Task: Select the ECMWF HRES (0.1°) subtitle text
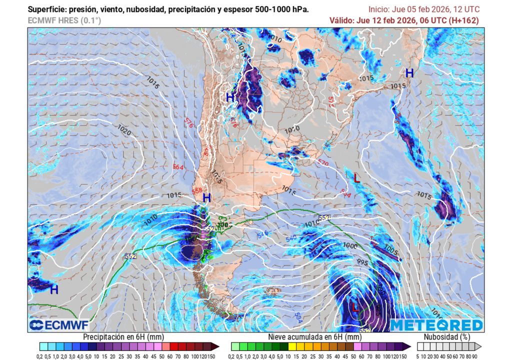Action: pos(64,20)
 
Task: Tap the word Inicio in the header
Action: pos(379,9)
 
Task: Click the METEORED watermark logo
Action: pos(437,325)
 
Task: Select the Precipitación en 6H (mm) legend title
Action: pos(123,337)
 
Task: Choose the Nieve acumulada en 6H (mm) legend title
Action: pos(314,337)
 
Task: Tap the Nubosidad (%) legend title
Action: pos(446,337)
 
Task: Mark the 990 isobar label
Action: pos(380,289)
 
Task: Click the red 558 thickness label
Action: pos(197,190)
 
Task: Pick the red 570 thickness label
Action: pos(322,162)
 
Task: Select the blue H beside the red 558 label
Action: pos(206,198)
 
